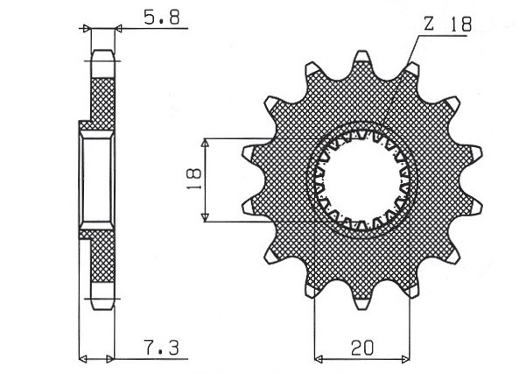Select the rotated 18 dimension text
pos(194,179)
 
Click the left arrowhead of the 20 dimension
pos(319,358)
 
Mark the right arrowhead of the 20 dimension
pos(407,358)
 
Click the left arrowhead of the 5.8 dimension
pos(86,29)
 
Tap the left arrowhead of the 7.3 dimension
pos(83,358)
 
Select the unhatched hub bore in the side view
pos(96,181)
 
